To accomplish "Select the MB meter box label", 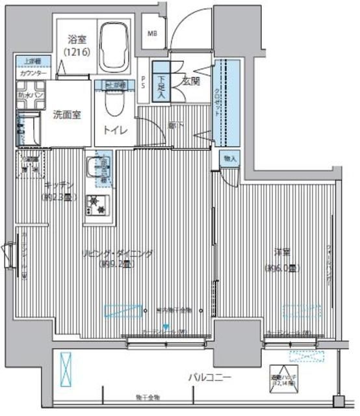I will coord(153,33).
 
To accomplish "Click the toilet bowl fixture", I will coord(114,104).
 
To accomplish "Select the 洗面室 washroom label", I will coord(67,115).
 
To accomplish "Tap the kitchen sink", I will coord(102,167).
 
